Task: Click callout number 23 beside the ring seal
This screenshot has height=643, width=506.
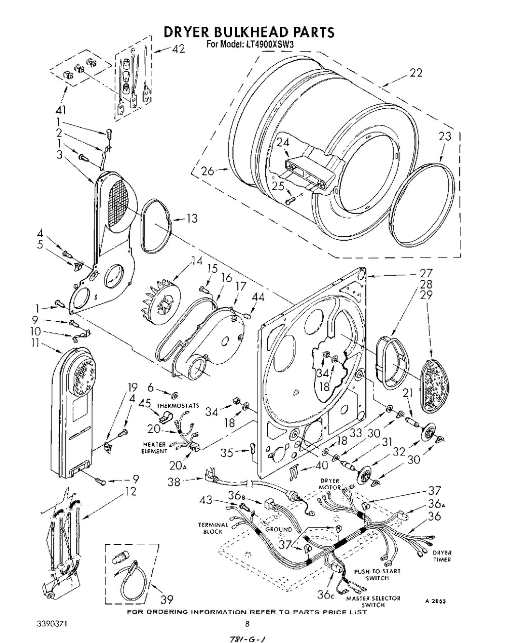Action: click(x=444, y=136)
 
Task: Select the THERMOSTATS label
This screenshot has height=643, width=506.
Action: click(x=178, y=406)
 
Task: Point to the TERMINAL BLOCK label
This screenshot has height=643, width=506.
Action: click(x=213, y=528)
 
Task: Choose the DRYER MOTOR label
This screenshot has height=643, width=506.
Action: click(x=330, y=484)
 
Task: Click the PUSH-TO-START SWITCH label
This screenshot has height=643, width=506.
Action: click(x=377, y=574)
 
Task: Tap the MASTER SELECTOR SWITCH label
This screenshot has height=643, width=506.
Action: click(x=373, y=602)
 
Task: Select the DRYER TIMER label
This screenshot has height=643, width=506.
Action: click(x=441, y=555)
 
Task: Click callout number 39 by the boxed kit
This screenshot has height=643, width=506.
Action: click(x=166, y=600)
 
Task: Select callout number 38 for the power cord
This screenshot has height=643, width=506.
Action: click(x=174, y=483)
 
